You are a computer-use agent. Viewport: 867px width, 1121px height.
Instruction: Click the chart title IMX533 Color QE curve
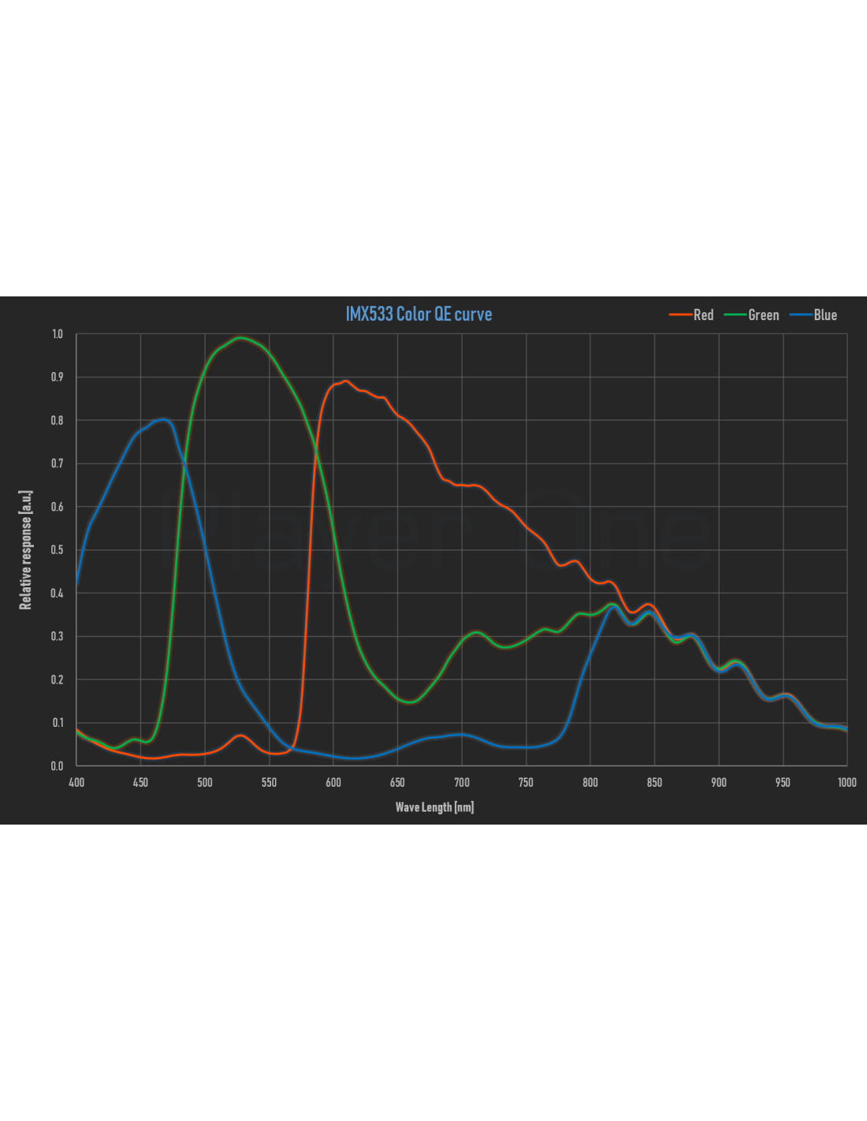(x=419, y=314)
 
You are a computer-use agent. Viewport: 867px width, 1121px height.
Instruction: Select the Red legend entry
(x=691, y=315)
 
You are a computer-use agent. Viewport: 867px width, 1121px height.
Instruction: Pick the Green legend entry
(x=751, y=315)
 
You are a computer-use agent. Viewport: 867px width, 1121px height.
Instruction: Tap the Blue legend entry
(x=813, y=315)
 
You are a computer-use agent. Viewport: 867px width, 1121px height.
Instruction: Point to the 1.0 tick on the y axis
(x=58, y=333)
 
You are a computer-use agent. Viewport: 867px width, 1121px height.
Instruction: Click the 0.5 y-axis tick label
(x=58, y=549)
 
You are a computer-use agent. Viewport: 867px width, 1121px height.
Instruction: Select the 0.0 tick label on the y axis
(x=58, y=765)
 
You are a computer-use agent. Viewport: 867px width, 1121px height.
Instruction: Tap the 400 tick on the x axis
(x=76, y=783)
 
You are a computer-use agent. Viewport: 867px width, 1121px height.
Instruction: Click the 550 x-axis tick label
(x=269, y=783)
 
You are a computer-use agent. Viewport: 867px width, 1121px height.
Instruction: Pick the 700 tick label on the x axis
(x=462, y=783)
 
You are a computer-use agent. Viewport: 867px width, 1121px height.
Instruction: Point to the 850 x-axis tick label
(x=654, y=783)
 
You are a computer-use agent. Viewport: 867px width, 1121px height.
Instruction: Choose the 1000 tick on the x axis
(x=847, y=783)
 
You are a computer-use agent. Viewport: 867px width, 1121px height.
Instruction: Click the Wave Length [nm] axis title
(x=434, y=807)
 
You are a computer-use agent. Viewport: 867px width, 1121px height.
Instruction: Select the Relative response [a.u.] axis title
(x=25, y=550)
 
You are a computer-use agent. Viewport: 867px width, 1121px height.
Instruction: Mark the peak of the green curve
(x=240, y=338)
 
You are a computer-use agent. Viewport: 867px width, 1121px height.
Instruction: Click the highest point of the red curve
(x=345, y=382)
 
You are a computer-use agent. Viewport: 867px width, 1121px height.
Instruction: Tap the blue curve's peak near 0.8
(x=164, y=419)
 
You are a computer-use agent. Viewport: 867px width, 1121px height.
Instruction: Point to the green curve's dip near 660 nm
(x=409, y=702)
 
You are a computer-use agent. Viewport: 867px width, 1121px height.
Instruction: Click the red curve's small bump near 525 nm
(x=240, y=736)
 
